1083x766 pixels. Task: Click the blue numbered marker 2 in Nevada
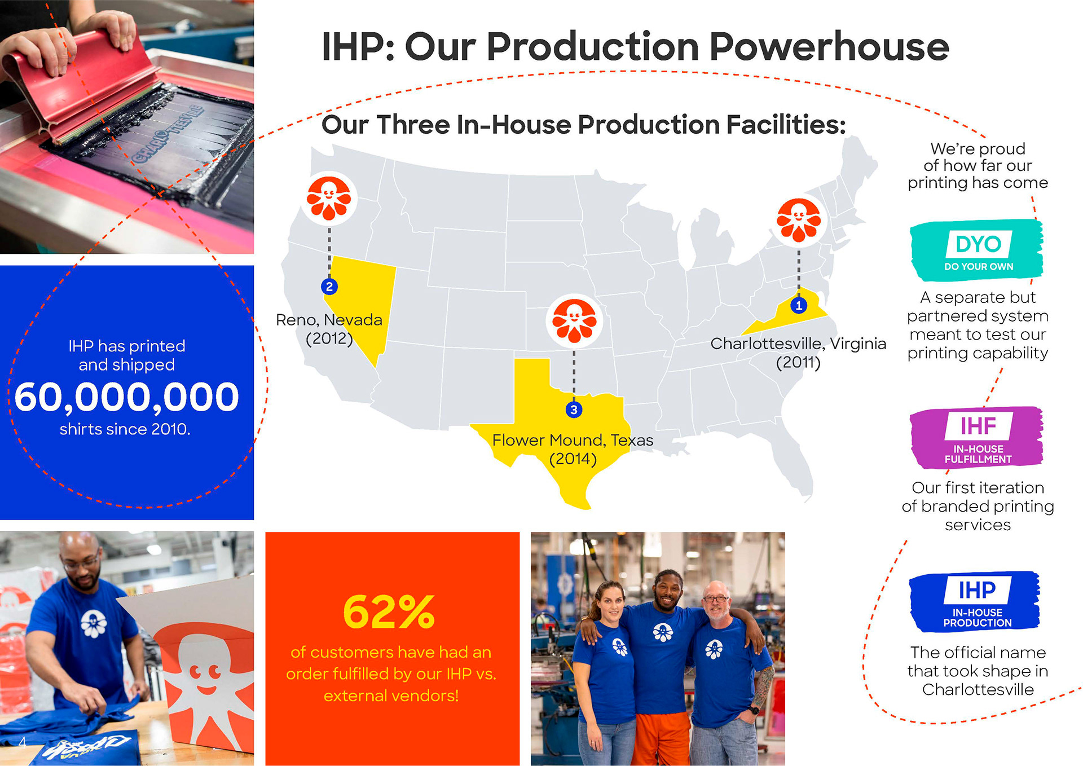[x=329, y=287]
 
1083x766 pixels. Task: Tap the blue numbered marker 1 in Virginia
[x=798, y=305]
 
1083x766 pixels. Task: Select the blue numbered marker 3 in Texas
[x=574, y=410]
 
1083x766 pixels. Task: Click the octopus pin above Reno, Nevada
[x=329, y=199]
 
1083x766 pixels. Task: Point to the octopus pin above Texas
[x=574, y=321]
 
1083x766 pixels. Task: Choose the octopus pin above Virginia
[x=799, y=220]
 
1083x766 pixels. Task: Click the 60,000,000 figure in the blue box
[x=127, y=397]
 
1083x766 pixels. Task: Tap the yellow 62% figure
[x=389, y=612]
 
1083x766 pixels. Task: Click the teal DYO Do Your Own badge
[x=977, y=250]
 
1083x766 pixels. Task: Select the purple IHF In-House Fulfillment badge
[x=977, y=437]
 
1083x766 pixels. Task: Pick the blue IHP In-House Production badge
[x=975, y=602]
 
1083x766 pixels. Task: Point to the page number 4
[x=22, y=742]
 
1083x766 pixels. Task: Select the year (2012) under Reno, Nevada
[x=329, y=338]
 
